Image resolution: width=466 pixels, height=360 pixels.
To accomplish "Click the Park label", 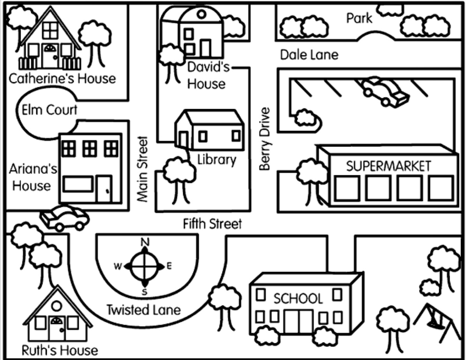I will coord(359,18).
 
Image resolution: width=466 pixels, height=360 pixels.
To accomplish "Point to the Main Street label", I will coord(143,169).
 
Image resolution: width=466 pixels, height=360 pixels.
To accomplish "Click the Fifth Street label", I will coord(213,224).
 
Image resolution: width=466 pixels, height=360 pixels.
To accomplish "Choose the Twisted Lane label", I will coord(144,310).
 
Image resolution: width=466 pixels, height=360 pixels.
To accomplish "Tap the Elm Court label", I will coord(49,110).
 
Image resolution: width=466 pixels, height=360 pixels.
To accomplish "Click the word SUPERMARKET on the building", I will coord(388,166).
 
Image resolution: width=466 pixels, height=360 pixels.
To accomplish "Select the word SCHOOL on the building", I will coord(298,299).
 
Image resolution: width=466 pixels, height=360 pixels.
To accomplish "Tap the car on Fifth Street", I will coord(65,218).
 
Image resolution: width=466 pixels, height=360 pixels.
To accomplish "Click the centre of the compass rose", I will coord(145,266).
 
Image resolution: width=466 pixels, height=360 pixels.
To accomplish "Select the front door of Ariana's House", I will coord(104,189).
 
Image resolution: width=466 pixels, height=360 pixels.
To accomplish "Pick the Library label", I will coord(217,159).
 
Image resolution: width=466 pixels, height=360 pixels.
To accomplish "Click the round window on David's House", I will coord(201,15).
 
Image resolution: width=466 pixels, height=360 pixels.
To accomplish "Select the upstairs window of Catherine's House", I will coord(50,30).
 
